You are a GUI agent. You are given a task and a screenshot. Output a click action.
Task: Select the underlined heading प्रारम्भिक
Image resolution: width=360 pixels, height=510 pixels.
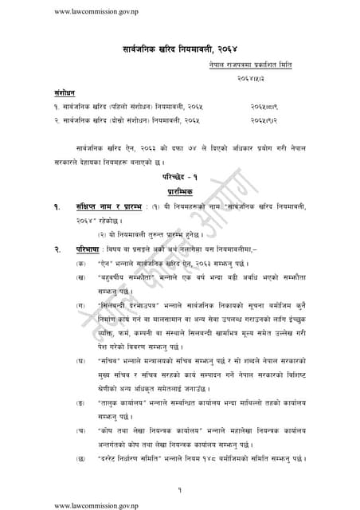pos(179,192)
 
